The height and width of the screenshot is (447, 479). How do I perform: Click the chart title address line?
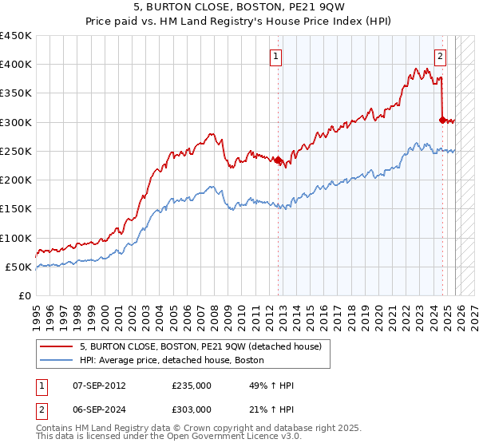239,8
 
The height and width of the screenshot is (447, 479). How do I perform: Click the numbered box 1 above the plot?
275,56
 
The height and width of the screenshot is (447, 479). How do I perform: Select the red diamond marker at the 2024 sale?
442,120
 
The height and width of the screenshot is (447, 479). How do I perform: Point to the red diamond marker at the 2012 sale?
279,160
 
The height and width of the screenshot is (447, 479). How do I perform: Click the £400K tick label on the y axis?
16,65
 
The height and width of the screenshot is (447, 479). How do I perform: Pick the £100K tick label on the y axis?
16,238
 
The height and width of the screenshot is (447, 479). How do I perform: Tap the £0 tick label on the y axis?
24,295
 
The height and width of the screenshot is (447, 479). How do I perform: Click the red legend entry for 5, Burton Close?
200,346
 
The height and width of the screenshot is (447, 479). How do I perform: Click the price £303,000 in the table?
191,409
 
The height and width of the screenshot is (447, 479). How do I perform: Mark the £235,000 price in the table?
191,386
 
